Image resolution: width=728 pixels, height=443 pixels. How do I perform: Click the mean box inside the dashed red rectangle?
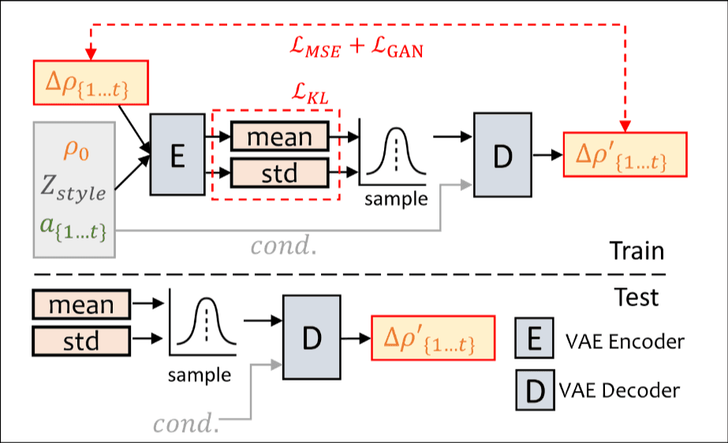pos(279,137)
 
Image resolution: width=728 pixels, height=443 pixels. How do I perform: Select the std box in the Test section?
pos(81,340)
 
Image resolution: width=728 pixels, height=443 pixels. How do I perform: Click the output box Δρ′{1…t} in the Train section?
pos(625,155)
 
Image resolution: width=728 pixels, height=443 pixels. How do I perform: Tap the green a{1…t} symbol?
pos(73,231)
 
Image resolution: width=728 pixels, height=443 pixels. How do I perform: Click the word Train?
pos(636,253)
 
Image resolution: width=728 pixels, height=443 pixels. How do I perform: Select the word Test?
pos(636,297)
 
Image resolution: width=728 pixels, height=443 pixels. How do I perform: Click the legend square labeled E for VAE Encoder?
pos(534,340)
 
